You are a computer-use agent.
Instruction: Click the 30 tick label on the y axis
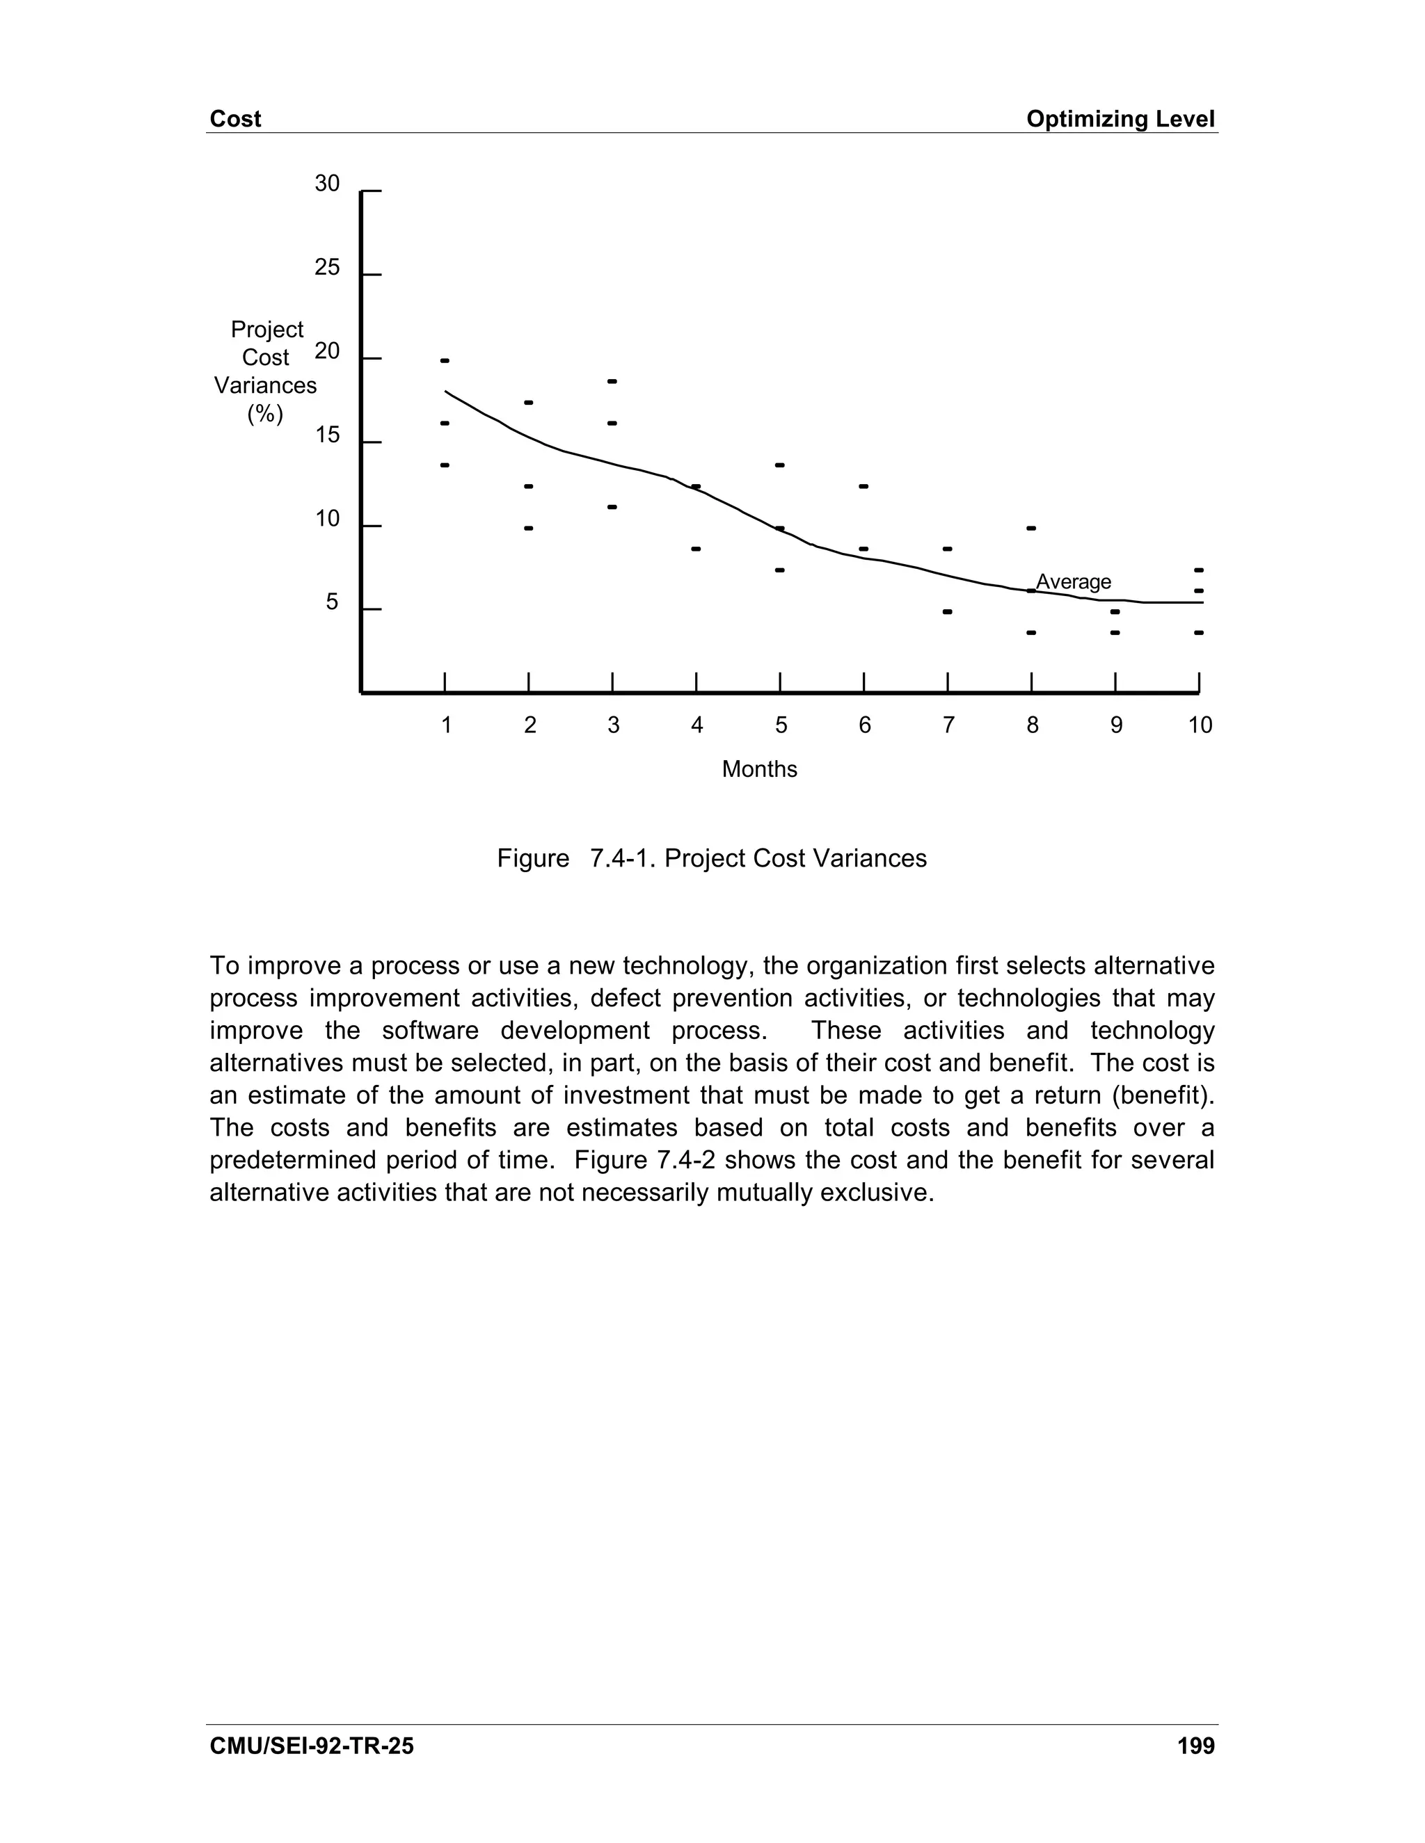[327, 184]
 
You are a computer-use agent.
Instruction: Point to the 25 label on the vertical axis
[327, 268]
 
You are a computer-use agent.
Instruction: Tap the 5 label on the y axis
[332, 602]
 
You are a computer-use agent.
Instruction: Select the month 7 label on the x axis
[948, 725]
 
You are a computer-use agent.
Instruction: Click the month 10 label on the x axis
[1200, 725]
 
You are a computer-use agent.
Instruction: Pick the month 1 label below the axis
[446, 725]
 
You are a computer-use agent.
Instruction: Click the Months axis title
[759, 770]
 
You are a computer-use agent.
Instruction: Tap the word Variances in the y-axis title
[265, 386]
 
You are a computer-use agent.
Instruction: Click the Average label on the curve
[1073, 581]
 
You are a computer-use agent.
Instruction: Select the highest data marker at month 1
[445, 361]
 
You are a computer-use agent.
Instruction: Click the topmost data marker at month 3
[612, 381]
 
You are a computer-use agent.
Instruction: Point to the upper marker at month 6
[863, 486]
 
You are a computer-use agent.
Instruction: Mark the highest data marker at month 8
[1030, 529]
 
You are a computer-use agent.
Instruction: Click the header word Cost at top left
[234, 119]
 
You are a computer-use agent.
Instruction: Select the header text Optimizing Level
[1120, 119]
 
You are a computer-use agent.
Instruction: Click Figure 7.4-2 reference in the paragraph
[645, 1160]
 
